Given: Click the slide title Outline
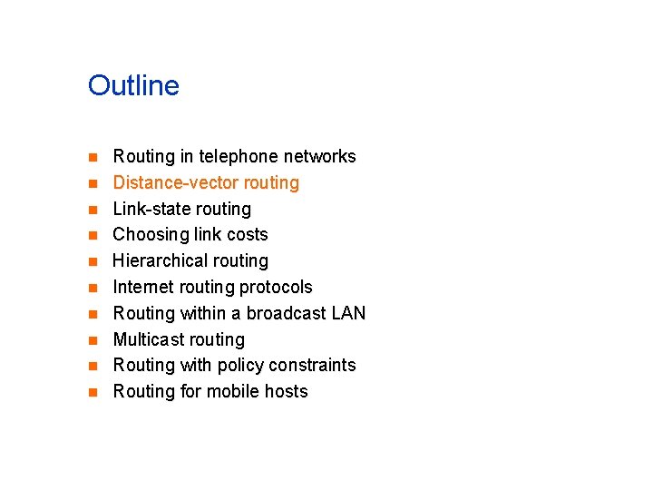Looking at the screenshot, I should pyautogui.click(x=133, y=86).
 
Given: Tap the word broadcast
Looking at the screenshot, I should pyautogui.click(x=286, y=314).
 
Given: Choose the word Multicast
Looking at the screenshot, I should pyautogui.click(x=148, y=340).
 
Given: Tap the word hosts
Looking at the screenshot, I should pyautogui.click(x=286, y=392).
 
